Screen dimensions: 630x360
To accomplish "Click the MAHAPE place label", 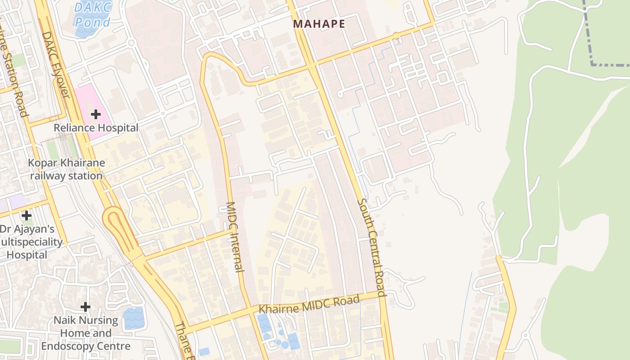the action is coord(319,24).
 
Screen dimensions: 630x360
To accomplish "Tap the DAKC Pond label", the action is coord(92,14).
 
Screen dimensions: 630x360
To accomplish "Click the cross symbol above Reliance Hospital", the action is coord(95,114).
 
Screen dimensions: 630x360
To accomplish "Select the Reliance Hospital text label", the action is coord(96,128).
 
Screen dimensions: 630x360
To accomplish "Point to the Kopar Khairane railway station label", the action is coord(67,169).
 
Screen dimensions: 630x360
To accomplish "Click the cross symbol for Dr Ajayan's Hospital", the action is coord(27,216).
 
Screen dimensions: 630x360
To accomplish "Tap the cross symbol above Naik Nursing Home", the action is coord(85,307).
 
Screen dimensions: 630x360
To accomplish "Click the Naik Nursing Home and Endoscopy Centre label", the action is coord(85,333).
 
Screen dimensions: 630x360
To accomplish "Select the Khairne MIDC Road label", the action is coord(309,304).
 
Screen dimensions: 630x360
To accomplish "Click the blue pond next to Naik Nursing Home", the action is coord(133,318).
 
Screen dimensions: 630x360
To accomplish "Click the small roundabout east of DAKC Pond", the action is coord(131,43).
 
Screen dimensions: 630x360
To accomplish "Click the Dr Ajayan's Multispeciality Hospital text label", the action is coord(31,242).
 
